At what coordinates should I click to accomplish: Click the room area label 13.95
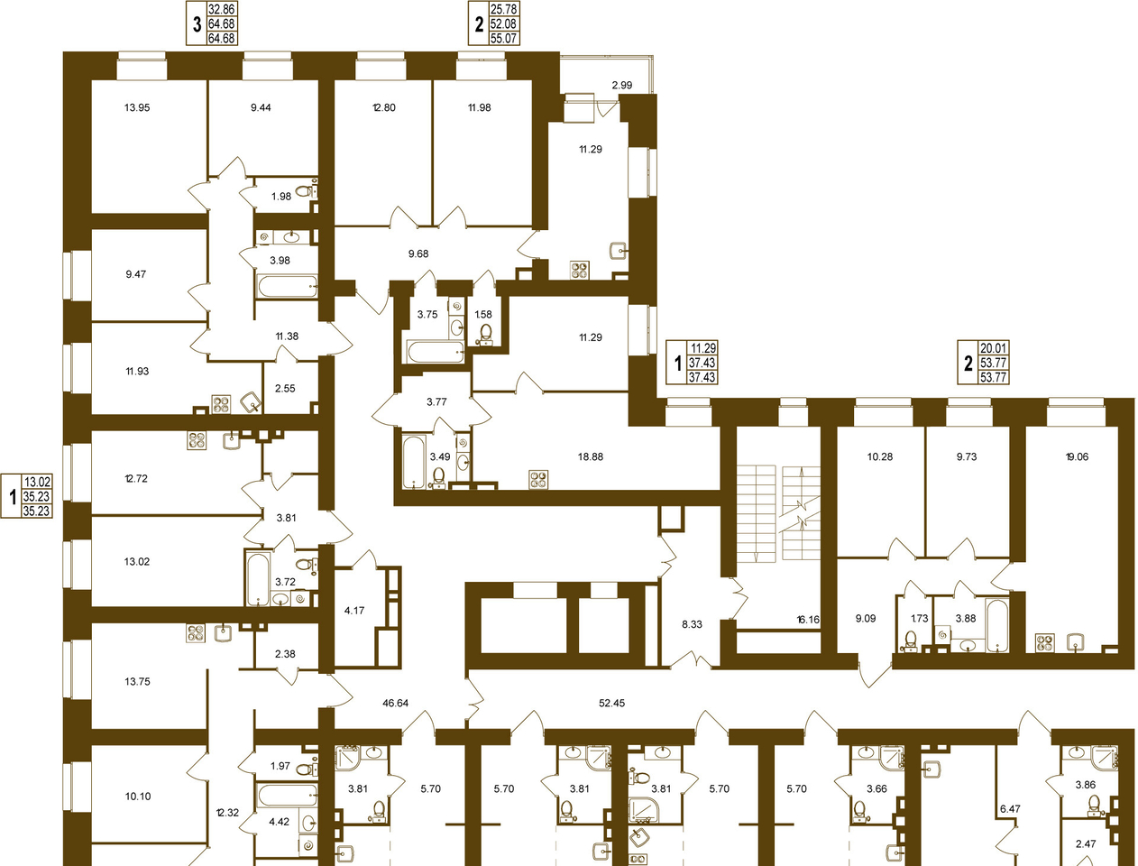(x=137, y=108)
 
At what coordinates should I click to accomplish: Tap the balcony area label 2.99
(x=622, y=85)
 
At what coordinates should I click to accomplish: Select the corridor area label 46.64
(x=396, y=703)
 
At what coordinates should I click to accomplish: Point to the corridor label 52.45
(x=611, y=703)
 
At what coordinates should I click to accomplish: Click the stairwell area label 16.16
(x=808, y=619)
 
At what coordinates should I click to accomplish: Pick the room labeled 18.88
(x=591, y=456)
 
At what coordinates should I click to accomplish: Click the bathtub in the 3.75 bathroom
(x=435, y=352)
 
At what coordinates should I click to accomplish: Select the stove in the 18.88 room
(x=538, y=479)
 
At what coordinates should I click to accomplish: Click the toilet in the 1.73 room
(x=909, y=641)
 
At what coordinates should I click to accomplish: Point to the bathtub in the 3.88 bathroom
(x=997, y=625)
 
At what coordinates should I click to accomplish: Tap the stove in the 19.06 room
(x=1045, y=643)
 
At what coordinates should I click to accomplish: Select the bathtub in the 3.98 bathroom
(x=287, y=286)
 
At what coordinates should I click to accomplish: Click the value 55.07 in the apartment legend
(x=503, y=38)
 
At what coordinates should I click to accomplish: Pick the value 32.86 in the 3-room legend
(x=222, y=9)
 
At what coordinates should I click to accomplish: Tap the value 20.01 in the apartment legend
(x=993, y=348)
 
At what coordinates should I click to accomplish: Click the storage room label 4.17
(x=354, y=611)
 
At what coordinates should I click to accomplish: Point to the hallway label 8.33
(x=693, y=624)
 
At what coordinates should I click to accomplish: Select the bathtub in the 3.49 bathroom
(x=414, y=462)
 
